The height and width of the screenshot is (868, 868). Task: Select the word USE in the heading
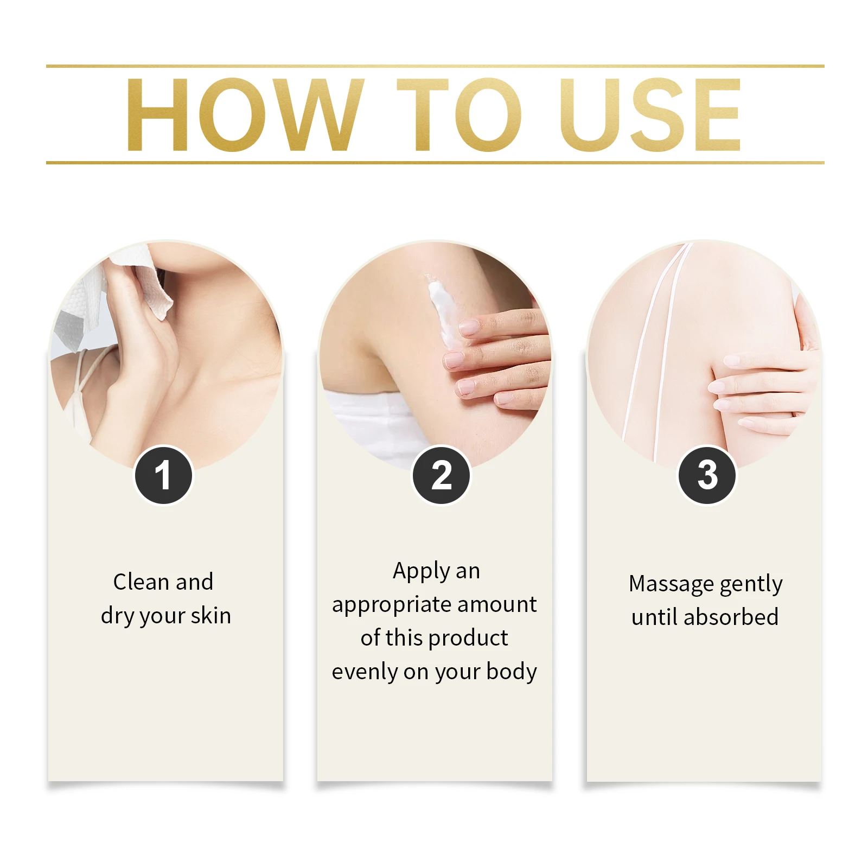[x=650, y=114]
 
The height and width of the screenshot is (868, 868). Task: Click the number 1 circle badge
[x=163, y=475]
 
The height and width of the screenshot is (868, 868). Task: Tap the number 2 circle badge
[x=441, y=475]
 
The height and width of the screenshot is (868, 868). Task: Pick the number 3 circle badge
[x=707, y=475]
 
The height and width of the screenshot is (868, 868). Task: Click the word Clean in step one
[x=141, y=582]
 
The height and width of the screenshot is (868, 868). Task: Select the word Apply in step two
[x=422, y=572]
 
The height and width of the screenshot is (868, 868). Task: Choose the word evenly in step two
[x=365, y=672]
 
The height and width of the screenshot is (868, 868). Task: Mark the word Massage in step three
[x=671, y=584]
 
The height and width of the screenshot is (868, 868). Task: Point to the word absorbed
[x=731, y=617]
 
